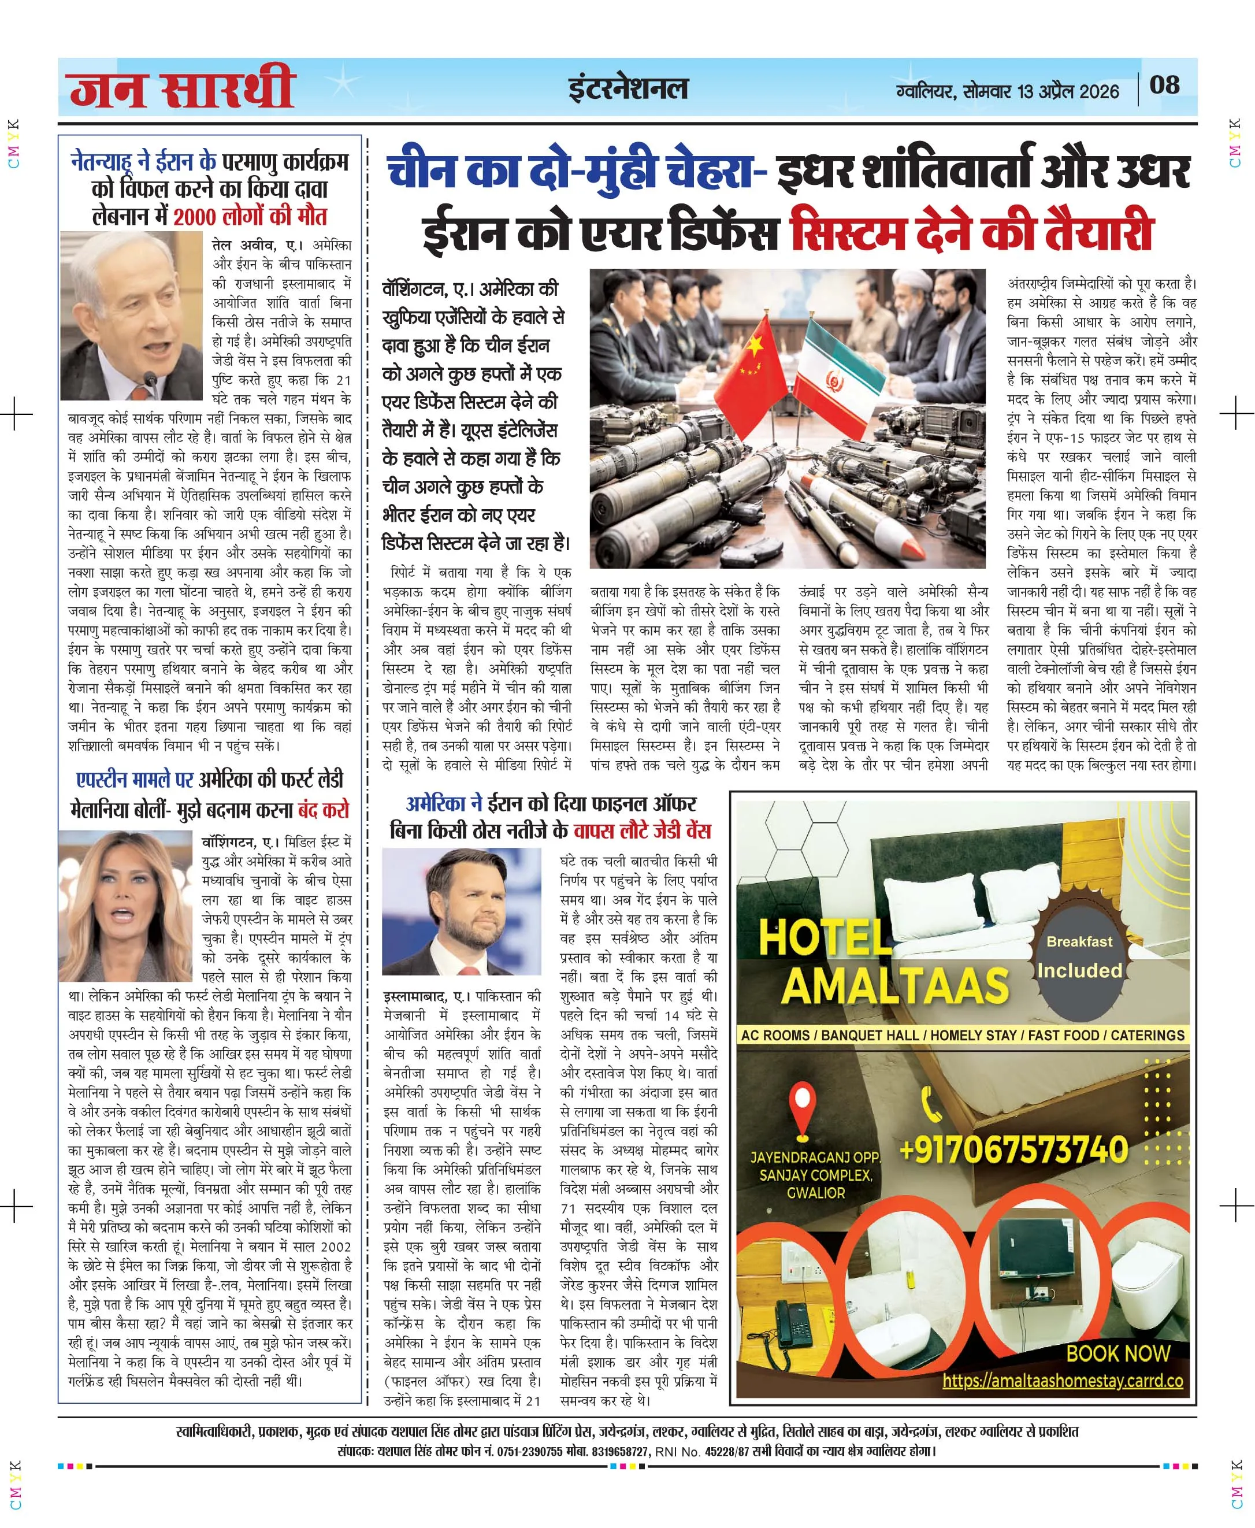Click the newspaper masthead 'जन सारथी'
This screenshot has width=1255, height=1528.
coord(182,88)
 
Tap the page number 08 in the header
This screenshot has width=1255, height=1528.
coord(1165,86)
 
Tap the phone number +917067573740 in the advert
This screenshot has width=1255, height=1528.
coord(1014,1149)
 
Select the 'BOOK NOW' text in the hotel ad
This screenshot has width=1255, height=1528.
coord(1117,1353)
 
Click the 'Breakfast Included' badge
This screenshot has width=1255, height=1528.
coord(1079,958)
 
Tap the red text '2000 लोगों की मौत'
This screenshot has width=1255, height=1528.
coord(250,216)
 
